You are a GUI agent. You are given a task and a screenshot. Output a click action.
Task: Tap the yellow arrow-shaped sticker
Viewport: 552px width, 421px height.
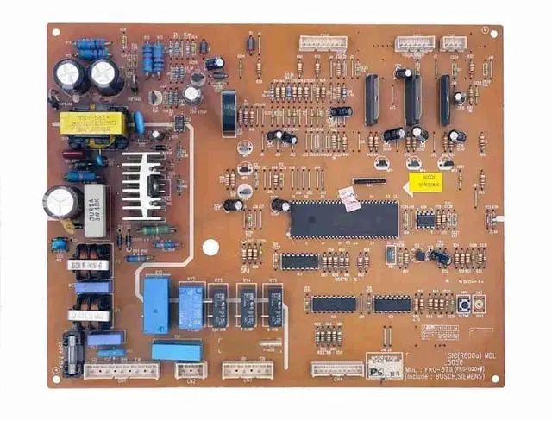tap(423, 183)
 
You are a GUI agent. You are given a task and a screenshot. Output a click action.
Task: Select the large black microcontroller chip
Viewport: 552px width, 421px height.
tap(343, 218)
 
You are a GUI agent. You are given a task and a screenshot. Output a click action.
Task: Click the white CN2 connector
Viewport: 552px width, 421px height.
tap(191, 369)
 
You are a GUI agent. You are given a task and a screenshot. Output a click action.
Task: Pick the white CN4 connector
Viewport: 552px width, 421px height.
tap(337, 368)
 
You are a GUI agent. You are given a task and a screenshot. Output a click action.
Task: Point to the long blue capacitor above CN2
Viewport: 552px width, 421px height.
tap(177, 350)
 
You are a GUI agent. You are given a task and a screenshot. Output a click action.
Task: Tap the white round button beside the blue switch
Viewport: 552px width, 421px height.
tap(479, 305)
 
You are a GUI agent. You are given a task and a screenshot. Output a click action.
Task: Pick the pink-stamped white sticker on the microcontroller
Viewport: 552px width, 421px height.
tap(349, 198)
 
